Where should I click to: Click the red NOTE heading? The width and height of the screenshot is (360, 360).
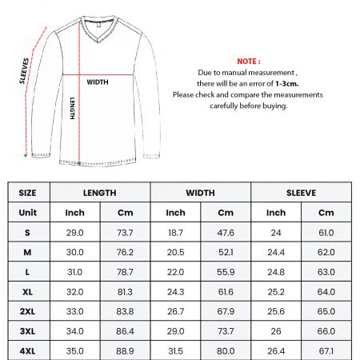click(249, 61)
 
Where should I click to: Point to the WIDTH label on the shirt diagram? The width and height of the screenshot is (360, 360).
click(98, 82)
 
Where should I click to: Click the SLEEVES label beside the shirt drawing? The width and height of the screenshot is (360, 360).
click(25, 70)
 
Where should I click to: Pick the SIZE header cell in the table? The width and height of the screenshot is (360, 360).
click(28, 193)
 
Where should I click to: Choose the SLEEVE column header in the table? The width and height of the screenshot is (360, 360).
click(301, 193)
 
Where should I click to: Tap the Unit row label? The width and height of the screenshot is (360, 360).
click(28, 213)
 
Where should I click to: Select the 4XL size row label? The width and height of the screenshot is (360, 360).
click(28, 350)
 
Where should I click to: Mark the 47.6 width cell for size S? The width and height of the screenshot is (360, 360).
click(226, 233)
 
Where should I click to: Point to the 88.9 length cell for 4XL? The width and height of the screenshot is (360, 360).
click(125, 350)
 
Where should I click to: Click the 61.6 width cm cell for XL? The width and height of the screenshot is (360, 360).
click(226, 291)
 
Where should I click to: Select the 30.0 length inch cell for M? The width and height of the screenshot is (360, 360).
click(75, 252)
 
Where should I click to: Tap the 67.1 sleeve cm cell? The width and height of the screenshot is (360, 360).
click(326, 350)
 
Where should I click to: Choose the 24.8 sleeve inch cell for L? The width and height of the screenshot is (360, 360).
click(275, 272)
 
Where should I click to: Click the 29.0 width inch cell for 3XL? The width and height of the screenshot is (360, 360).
click(176, 330)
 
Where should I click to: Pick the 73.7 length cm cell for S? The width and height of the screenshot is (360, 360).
click(125, 233)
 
